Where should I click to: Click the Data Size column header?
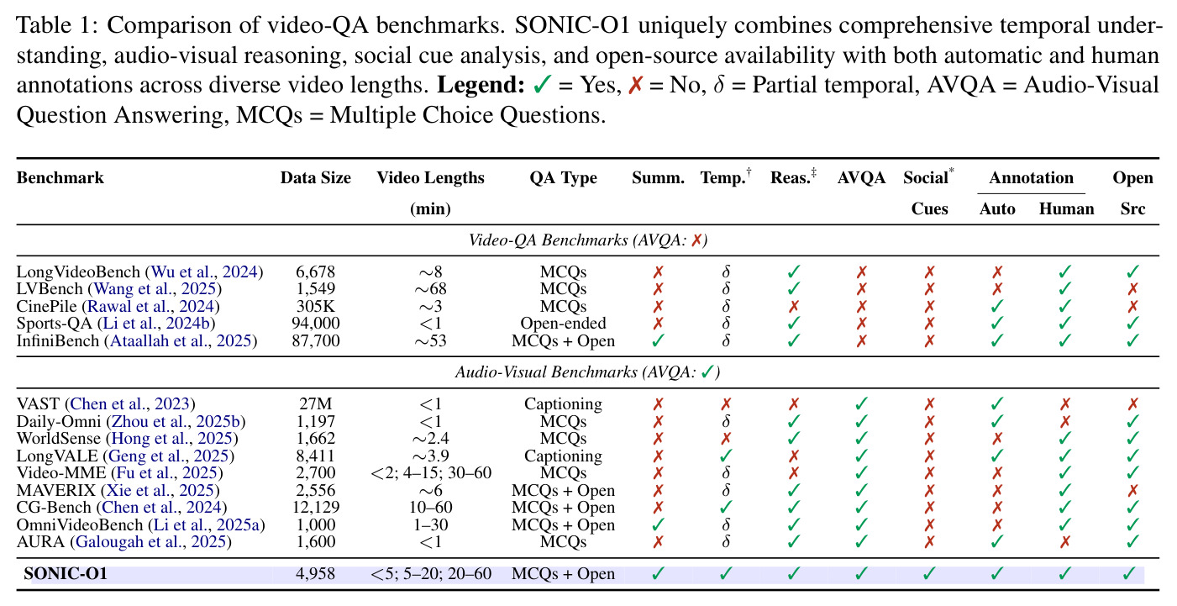coord(315,177)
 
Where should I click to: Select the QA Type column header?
coord(563,178)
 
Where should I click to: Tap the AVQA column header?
coord(861,177)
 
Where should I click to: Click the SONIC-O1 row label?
coord(66,573)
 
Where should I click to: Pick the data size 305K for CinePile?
coord(315,306)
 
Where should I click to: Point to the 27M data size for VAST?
coord(315,403)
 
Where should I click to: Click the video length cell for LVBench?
coord(430,288)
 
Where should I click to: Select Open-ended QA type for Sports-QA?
coord(563,324)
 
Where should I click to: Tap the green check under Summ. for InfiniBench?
coord(658,341)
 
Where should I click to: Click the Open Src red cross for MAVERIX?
coord(1132,490)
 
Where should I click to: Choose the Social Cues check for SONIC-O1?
coord(929,573)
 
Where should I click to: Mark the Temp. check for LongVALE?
coord(726,456)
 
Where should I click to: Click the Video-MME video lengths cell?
coord(431,473)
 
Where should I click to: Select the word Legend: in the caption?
coord(481,85)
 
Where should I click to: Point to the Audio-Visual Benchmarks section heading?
coord(587,372)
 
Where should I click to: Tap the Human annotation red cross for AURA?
coord(1065,542)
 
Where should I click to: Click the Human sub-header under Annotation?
coord(1066,208)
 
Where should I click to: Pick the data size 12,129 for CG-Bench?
coord(315,507)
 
